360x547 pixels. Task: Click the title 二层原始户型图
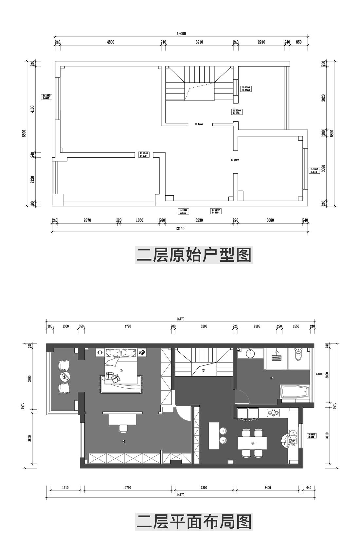point(193,255)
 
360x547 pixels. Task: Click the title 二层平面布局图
point(193,521)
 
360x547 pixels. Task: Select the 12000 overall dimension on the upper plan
point(181,33)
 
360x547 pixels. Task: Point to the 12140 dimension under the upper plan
point(180,229)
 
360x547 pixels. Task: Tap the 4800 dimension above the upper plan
point(110,42)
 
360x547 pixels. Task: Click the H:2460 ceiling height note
point(199,124)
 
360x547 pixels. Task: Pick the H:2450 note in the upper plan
point(235,160)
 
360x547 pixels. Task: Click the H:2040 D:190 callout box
point(144,154)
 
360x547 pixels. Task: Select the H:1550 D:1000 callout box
point(246,89)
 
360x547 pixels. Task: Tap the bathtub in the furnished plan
point(295,392)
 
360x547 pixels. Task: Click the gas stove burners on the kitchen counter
point(274,414)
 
